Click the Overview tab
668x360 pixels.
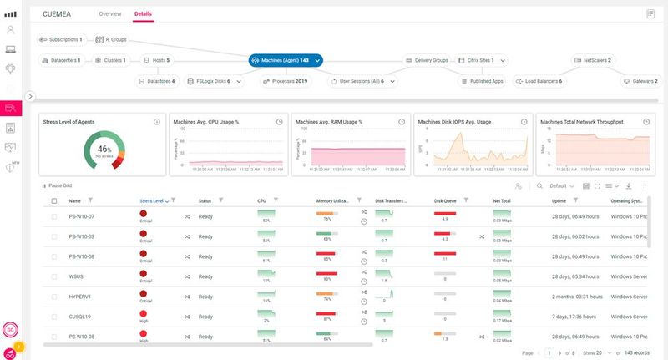point(109,14)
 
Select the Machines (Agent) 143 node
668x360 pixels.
point(286,60)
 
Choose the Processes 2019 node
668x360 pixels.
point(286,81)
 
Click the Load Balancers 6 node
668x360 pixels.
point(539,81)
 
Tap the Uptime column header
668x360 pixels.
point(559,200)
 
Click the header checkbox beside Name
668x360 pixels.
point(54,201)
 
